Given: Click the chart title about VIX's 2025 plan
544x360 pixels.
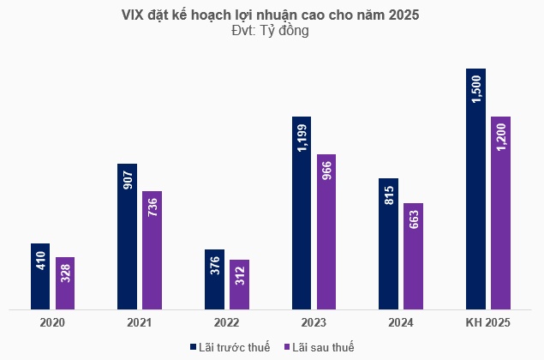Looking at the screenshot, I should pyautogui.click(x=272, y=15).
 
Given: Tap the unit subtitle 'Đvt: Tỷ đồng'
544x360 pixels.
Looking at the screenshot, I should pyautogui.click(x=272, y=31).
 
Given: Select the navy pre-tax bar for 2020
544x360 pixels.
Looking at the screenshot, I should pyautogui.click(x=40, y=276).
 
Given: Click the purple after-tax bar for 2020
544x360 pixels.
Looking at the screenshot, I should pyautogui.click(x=65, y=283).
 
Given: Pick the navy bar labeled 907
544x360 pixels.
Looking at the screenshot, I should pyautogui.click(x=128, y=236).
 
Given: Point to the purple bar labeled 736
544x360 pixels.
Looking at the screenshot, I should pyautogui.click(x=152, y=249).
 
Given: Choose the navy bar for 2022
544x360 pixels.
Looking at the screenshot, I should pyautogui.click(x=214, y=279).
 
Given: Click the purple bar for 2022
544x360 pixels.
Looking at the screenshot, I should pyautogui.click(x=240, y=284).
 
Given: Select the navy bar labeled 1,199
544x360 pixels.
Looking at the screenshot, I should pyautogui.click(x=302, y=212).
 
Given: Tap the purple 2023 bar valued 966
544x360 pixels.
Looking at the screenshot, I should pyautogui.click(x=326, y=231).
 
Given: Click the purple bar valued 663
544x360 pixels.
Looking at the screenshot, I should pyautogui.click(x=414, y=255).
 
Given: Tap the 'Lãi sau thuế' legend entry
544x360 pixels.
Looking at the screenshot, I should pyautogui.click(x=318, y=346).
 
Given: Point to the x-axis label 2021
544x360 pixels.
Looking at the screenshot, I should pyautogui.click(x=140, y=323).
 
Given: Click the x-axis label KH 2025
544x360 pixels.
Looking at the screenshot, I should pyautogui.click(x=487, y=323).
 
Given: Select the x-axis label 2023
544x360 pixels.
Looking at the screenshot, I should pyautogui.click(x=314, y=323).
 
